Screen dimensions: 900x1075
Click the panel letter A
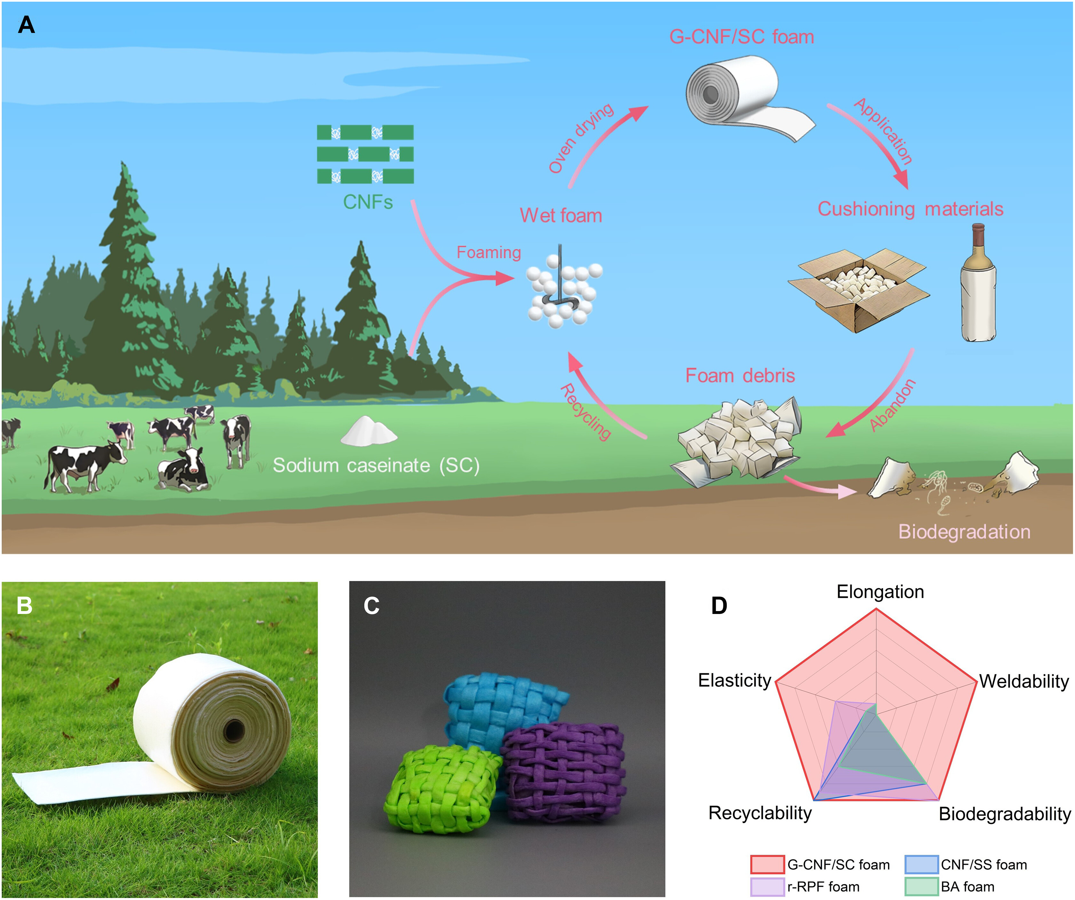point(26,25)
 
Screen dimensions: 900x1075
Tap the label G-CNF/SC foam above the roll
point(741,37)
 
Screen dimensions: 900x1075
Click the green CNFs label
point(368,202)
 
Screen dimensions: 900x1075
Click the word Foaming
point(488,252)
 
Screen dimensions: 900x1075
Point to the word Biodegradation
point(964,532)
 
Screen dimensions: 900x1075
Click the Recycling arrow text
point(586,412)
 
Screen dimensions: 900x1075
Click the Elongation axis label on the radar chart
point(880,592)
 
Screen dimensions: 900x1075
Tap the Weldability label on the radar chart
point(1024,681)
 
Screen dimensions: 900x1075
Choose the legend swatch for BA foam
point(921,887)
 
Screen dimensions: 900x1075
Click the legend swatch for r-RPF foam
point(767,887)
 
